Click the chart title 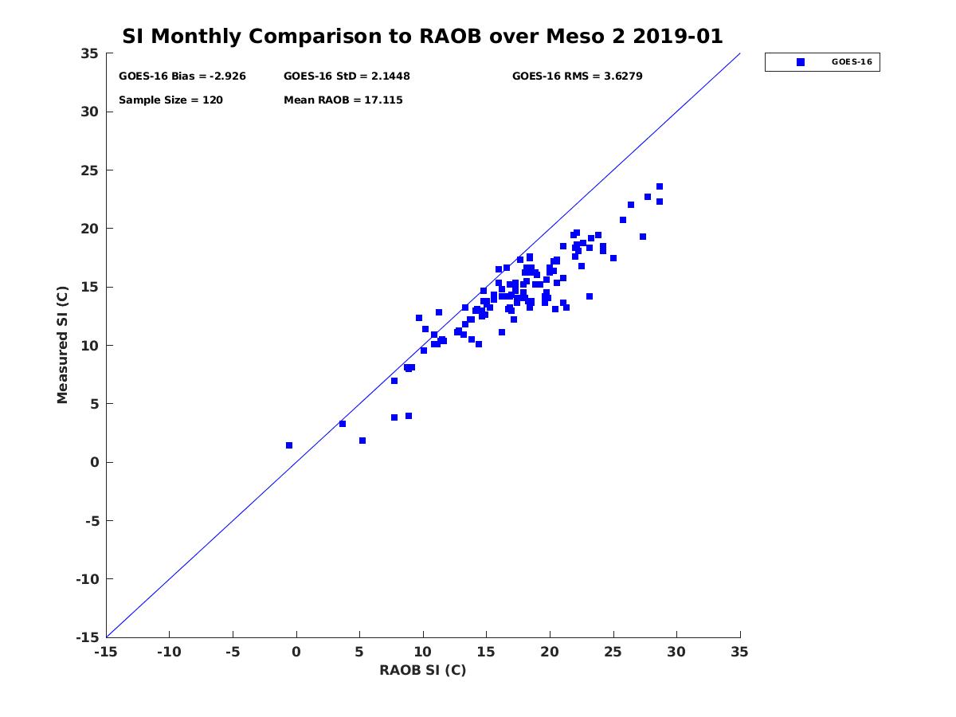click(x=422, y=37)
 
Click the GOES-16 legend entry click(x=823, y=62)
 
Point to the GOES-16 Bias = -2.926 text click(x=182, y=76)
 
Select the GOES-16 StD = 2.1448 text click(x=347, y=76)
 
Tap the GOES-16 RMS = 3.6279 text click(x=577, y=76)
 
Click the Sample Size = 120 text click(x=170, y=100)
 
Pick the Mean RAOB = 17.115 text click(x=343, y=100)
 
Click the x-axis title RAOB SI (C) click(x=422, y=670)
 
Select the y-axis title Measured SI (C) click(x=63, y=345)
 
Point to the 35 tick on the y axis click(x=90, y=53)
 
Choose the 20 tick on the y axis click(x=90, y=229)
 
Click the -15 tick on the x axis click(x=106, y=652)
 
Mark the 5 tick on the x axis click(x=359, y=652)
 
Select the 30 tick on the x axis click(x=676, y=652)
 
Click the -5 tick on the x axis click(x=233, y=652)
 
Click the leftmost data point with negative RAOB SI click(x=289, y=445)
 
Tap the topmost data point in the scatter click(x=660, y=186)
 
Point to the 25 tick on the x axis click(x=613, y=652)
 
